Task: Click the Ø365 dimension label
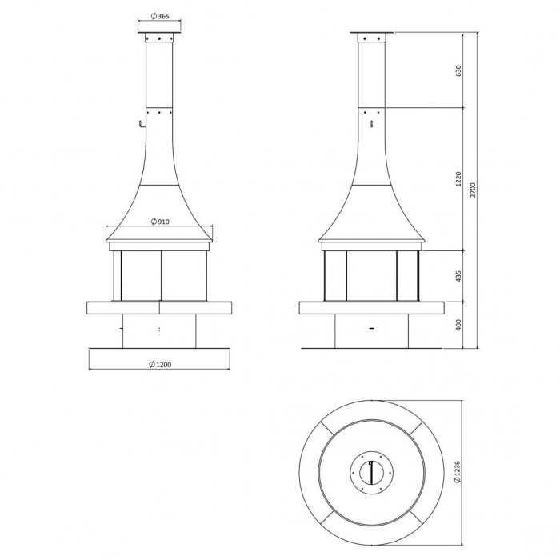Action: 160,17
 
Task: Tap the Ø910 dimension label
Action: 160,222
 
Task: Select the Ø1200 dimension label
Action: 160,365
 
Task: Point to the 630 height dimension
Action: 458,70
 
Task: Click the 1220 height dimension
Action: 458,178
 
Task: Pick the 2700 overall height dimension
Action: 474,190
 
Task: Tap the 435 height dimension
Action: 458,276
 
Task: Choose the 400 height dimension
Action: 458,325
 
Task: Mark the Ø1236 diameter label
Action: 458,472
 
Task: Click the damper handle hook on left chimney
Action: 142,123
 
